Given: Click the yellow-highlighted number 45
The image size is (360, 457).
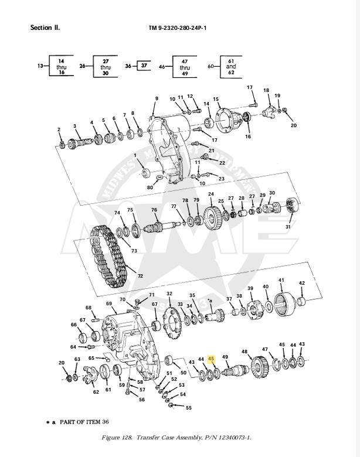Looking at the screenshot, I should [212, 361].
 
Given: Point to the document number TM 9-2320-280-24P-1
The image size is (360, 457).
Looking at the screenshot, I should [178, 28].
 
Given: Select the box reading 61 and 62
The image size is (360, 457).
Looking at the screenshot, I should [231, 67].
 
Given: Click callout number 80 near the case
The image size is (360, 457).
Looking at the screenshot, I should [150, 187].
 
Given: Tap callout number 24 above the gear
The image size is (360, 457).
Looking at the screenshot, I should [210, 194].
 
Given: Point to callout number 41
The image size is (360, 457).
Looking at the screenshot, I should [281, 281].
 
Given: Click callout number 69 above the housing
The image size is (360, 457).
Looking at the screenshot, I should [109, 303].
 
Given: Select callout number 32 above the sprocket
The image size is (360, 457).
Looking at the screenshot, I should [169, 294].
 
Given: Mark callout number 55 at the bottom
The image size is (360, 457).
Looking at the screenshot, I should [188, 408].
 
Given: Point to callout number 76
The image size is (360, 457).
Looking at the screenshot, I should [154, 210].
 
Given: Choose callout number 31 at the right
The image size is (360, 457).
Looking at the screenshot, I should [288, 227].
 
